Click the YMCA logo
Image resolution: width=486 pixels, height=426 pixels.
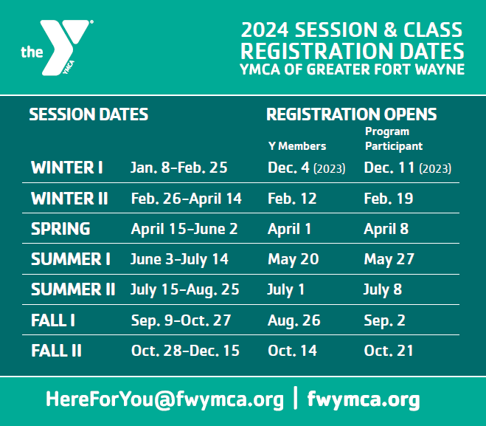(58, 47)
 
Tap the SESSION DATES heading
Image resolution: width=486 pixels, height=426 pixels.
(88, 114)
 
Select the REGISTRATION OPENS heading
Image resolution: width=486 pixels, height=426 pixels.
(352, 114)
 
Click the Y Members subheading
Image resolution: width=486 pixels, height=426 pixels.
(297, 146)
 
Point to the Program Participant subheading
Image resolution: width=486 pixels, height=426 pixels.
(394, 139)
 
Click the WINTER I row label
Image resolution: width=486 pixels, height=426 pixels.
(67, 168)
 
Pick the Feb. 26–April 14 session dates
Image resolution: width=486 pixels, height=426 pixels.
(187, 199)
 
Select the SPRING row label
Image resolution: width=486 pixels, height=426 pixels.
(60, 229)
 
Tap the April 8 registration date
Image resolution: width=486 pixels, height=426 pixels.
(386, 230)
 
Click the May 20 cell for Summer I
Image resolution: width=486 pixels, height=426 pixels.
(294, 259)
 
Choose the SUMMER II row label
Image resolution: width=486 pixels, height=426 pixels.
(73, 289)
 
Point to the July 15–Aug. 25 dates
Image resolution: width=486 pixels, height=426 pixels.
(184, 290)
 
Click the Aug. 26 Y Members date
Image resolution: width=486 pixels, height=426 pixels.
(294, 320)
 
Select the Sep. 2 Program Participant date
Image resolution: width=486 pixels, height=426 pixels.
(384, 320)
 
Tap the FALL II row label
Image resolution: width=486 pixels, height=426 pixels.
(56, 351)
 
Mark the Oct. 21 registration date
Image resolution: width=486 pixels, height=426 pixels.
(389, 351)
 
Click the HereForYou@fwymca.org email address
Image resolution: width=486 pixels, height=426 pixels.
(164, 399)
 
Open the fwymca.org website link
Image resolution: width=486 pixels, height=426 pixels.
(364, 399)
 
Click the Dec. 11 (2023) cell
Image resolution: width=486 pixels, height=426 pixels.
(408, 168)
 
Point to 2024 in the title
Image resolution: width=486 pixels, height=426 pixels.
(265, 30)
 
